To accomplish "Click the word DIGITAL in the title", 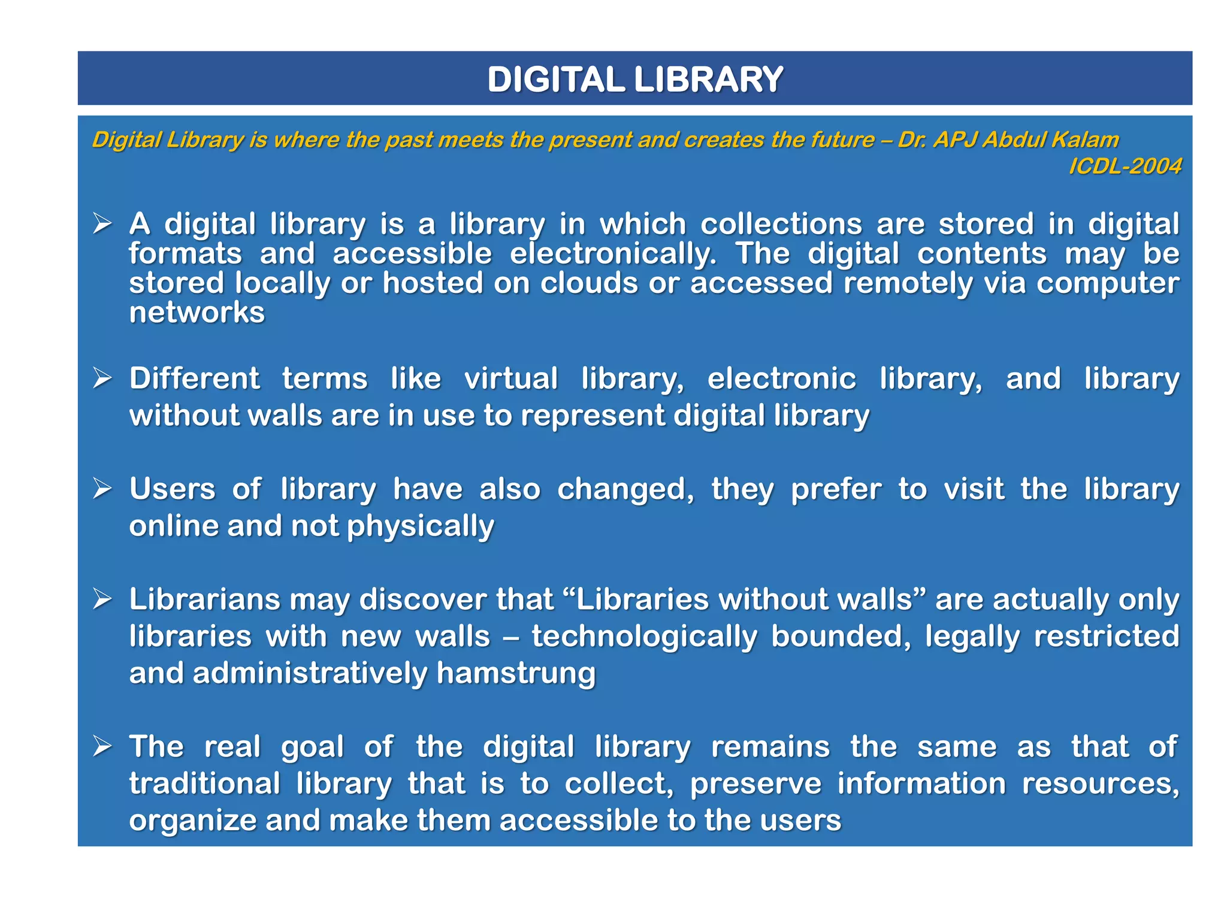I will [x=556, y=80].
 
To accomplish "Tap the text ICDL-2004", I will [x=1125, y=167].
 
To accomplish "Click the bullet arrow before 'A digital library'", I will [x=102, y=225].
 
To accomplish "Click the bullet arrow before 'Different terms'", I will [x=102, y=379].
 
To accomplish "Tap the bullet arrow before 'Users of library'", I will [x=102, y=489].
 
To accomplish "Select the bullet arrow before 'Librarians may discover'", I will [x=102, y=600].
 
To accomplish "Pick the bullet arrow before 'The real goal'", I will [x=102, y=747].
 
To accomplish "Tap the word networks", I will [x=197, y=313].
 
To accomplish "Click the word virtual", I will [x=511, y=379].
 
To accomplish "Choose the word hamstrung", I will [x=516, y=674].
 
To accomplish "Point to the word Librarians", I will [x=204, y=600].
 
